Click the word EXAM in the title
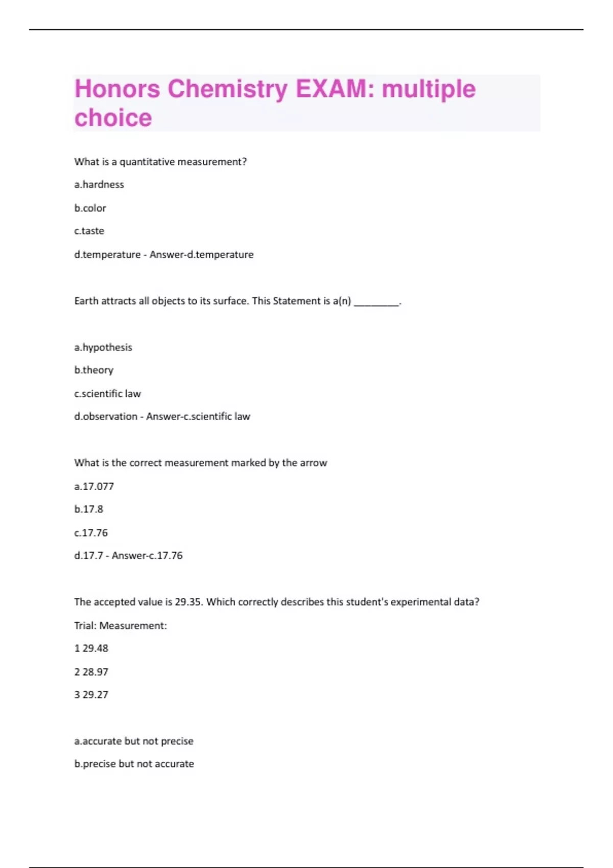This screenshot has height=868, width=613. (x=331, y=89)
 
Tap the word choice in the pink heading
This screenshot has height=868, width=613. (x=113, y=118)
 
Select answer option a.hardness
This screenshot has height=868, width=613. (x=99, y=184)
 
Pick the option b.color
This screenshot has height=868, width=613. (x=90, y=208)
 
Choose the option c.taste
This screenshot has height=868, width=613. (x=89, y=231)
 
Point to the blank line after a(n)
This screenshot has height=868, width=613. (x=376, y=302)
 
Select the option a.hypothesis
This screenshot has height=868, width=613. (x=103, y=347)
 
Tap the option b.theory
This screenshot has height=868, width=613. (x=93, y=370)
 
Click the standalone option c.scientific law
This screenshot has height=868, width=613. (x=107, y=394)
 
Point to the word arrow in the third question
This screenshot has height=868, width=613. (x=313, y=463)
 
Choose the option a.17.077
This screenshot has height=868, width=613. (x=94, y=487)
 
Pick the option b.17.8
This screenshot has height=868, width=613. (x=88, y=509)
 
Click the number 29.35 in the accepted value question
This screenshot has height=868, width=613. (x=188, y=602)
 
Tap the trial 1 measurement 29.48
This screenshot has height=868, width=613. (x=96, y=648)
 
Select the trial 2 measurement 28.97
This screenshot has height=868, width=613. (x=96, y=672)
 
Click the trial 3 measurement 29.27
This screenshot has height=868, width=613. (x=96, y=695)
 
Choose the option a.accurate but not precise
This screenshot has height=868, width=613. (x=134, y=741)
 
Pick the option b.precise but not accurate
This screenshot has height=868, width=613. (x=134, y=764)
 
